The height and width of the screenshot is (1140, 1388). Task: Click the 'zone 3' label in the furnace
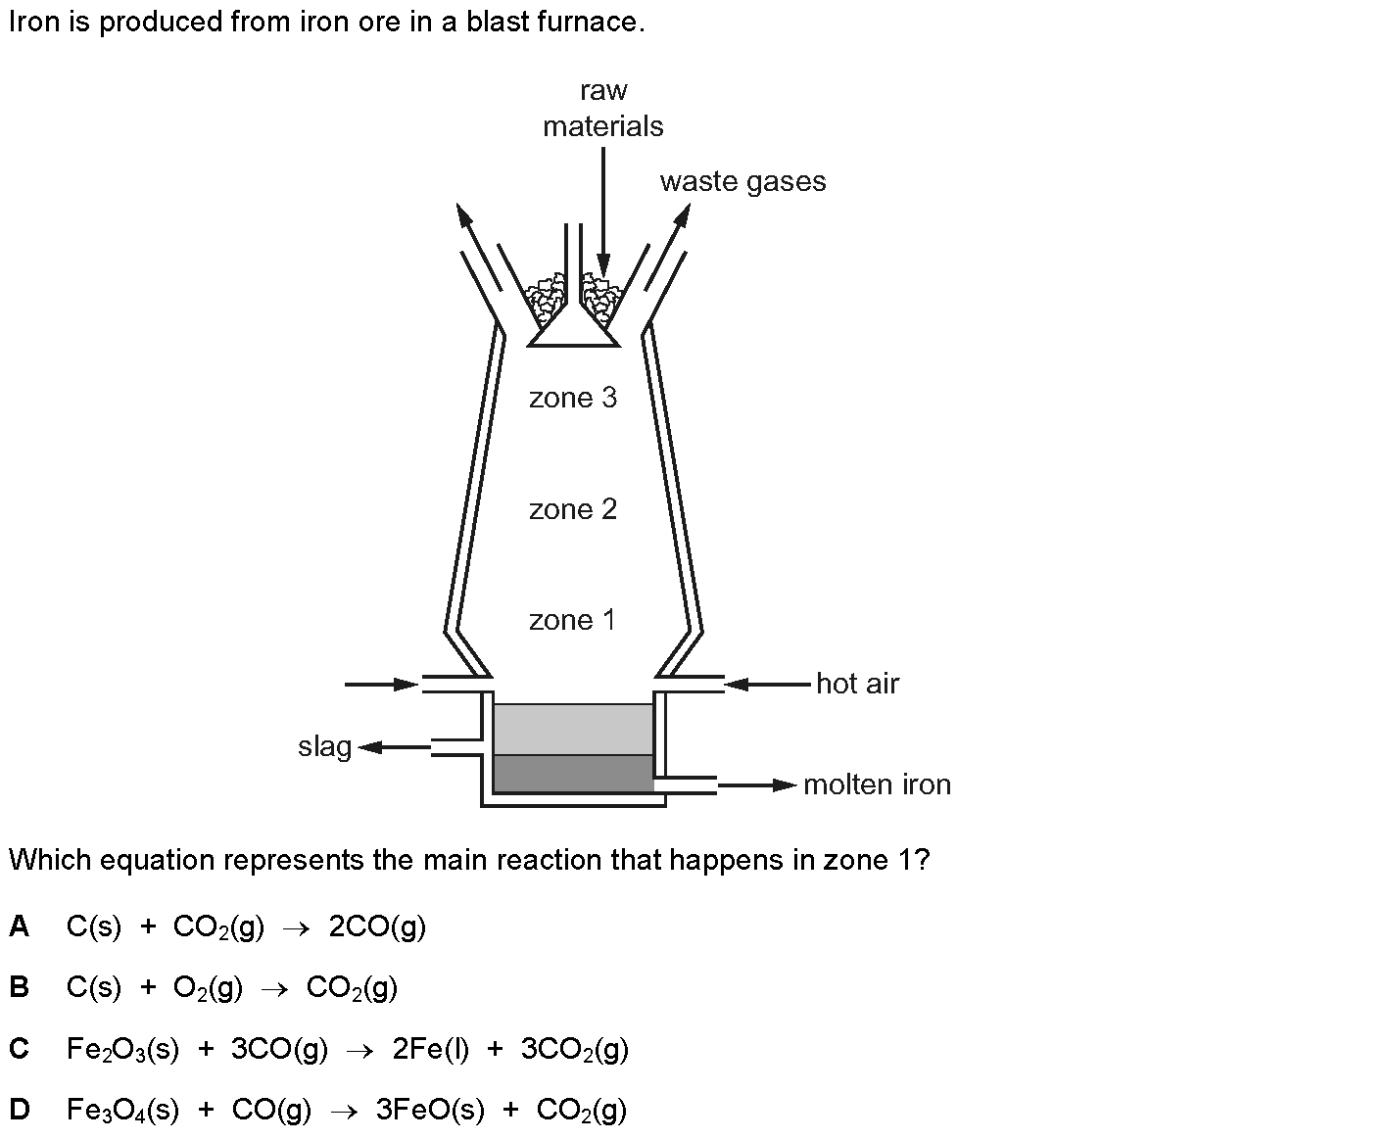[573, 398]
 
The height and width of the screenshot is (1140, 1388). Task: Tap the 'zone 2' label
[573, 509]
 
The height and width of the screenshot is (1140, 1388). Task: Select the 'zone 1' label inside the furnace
[572, 620]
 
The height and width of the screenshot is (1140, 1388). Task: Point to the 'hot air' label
[857, 684]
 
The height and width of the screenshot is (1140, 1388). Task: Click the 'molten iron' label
[878, 784]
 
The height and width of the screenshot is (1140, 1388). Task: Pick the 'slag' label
[325, 747]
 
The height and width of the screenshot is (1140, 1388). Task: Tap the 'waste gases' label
[743, 181]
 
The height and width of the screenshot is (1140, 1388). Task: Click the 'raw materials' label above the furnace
[603, 109]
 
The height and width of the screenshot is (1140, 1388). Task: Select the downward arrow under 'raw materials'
[603, 212]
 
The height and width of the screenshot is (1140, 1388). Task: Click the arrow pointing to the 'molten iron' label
[757, 785]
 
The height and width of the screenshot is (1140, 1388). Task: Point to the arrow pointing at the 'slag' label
[394, 747]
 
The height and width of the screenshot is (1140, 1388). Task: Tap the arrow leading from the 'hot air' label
[767, 685]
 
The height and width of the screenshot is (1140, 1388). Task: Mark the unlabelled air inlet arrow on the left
[382, 685]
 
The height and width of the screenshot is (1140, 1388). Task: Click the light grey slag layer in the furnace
[573, 730]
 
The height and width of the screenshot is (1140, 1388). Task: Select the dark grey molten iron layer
[573, 774]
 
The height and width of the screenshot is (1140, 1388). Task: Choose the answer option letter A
[19, 926]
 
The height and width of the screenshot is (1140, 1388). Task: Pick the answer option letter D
[19, 1109]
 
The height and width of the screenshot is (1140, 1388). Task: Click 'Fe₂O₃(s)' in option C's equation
[122, 1049]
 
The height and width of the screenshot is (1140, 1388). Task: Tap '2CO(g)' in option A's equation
[377, 927]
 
